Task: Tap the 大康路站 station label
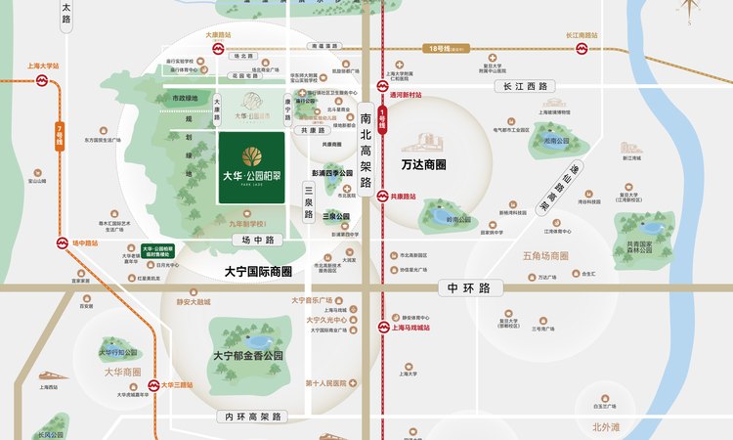[x=216, y=35]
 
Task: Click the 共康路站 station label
[x=403, y=197]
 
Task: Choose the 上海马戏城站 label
[x=410, y=328]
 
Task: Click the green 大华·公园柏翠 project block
[x=252, y=168]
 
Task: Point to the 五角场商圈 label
[x=545, y=256]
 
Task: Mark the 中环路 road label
[x=469, y=287]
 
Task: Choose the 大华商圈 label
[x=121, y=373]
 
